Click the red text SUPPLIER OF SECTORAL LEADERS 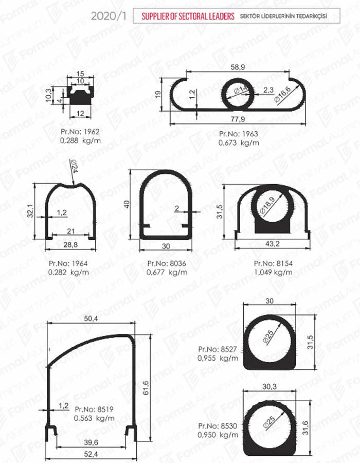[x=188, y=16]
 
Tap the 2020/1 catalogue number [x=109, y=16]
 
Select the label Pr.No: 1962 [x=80, y=132]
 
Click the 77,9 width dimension [x=238, y=119]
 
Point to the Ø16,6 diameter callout [x=282, y=94]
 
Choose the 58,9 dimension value [x=238, y=67]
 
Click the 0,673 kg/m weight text [x=239, y=143]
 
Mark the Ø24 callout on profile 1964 [x=73, y=166]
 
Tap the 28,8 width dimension [x=70, y=244]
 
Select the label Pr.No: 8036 [x=167, y=263]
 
